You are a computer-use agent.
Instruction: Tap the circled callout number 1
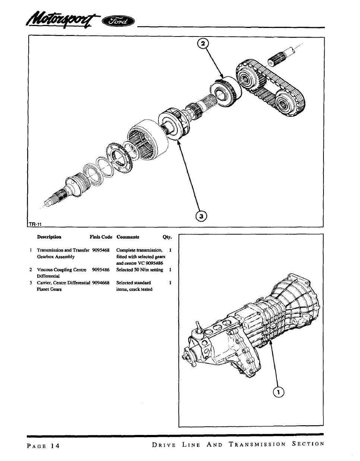coord(278,392)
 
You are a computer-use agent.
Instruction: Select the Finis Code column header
coord(101,237)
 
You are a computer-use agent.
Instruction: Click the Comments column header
coord(127,237)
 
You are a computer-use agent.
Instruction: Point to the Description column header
coord(49,237)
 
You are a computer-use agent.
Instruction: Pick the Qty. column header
coord(167,237)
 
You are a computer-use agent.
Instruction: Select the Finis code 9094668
coord(101,283)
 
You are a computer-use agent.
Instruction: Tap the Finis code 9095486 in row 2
coord(101,270)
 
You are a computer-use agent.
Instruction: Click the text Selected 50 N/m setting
coord(139,270)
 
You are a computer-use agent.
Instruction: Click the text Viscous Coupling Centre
coord(61,270)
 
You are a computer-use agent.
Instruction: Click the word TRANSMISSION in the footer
coord(258,444)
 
